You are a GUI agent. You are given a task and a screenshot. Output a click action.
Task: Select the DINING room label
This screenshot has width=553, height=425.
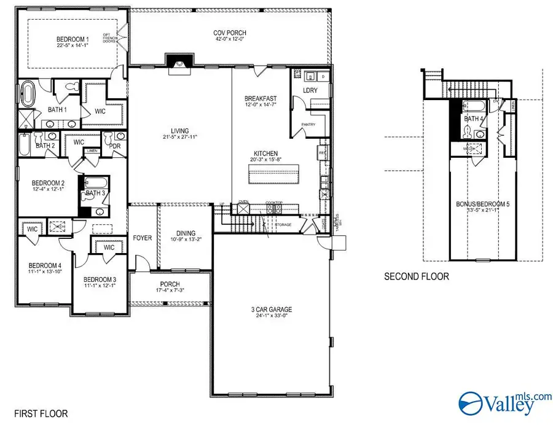click(185, 233)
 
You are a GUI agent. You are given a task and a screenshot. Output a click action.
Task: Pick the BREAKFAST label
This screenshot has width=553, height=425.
click(261, 98)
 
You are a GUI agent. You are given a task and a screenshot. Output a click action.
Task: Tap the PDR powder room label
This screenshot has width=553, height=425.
click(114, 146)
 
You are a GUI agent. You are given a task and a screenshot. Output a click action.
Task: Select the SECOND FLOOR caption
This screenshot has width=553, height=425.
click(416, 276)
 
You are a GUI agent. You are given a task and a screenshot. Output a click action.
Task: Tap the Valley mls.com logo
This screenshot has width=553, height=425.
click(502, 404)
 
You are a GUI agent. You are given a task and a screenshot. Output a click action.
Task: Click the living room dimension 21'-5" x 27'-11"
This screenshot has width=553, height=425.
click(179, 137)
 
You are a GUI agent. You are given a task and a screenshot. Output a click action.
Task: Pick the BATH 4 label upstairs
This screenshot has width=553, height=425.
click(472, 119)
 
